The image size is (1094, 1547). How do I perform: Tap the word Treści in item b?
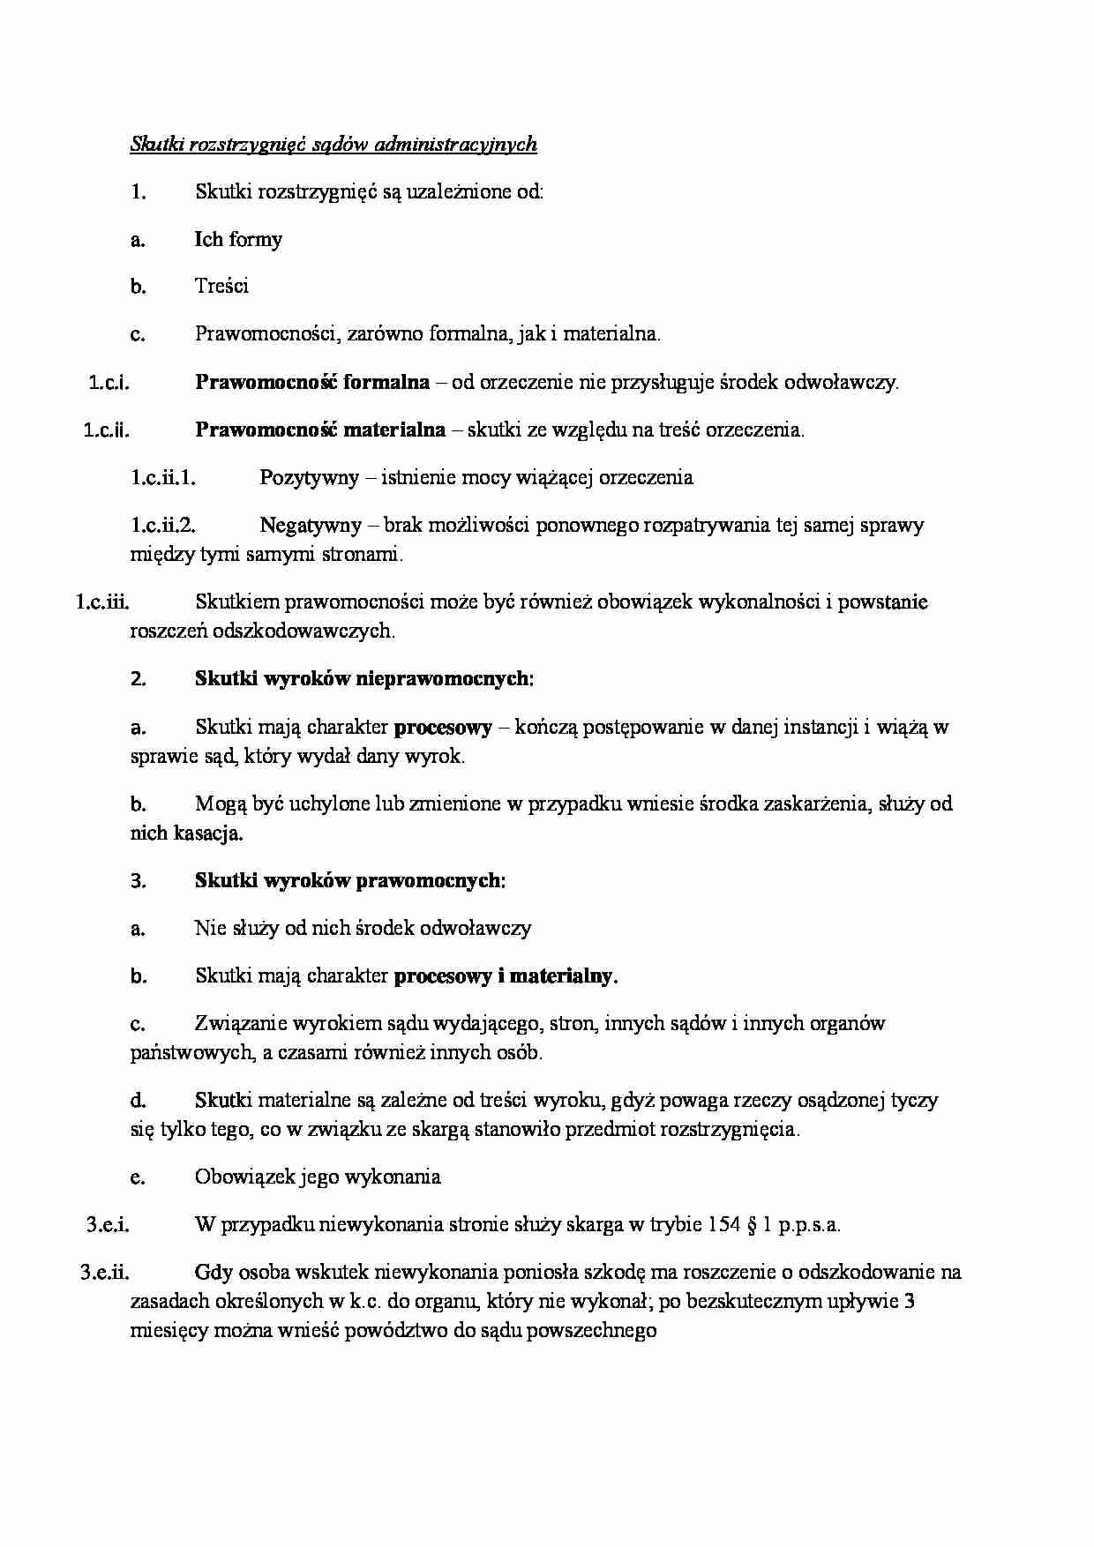click(x=221, y=286)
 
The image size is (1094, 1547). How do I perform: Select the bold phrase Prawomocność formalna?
click(x=312, y=382)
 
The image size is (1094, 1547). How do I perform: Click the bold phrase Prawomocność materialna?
click(x=320, y=430)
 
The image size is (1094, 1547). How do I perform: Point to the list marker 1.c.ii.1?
click(x=163, y=477)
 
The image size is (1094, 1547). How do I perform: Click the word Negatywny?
click(x=311, y=525)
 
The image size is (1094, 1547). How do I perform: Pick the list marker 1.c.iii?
click(x=103, y=602)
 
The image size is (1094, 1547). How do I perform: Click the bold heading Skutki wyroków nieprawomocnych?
click(x=364, y=678)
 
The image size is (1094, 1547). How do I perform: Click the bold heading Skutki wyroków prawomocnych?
click(x=349, y=880)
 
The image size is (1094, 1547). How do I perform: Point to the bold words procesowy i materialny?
click(x=506, y=975)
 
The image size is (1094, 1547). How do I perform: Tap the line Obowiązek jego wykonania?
click(x=318, y=1177)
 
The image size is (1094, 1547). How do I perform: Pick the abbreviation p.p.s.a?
click(x=810, y=1224)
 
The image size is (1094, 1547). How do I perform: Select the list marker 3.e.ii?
click(x=105, y=1272)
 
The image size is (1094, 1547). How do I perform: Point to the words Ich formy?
click(x=238, y=239)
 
